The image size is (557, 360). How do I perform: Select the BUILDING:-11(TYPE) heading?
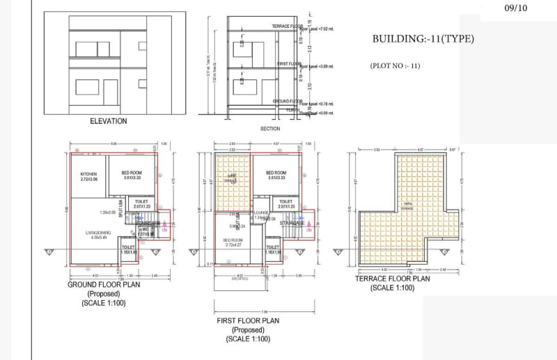(x=423, y=39)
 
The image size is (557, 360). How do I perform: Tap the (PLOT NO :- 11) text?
(x=395, y=65)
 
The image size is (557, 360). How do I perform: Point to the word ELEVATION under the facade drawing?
(x=109, y=121)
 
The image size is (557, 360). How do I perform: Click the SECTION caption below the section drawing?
(x=270, y=128)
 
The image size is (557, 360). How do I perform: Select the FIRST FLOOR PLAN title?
(x=247, y=321)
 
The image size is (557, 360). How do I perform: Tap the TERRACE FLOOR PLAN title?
(x=392, y=279)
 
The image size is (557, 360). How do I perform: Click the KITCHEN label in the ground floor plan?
(x=88, y=174)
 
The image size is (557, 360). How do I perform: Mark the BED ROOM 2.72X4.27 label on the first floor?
(x=233, y=240)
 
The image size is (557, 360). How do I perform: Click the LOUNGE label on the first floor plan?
(x=262, y=214)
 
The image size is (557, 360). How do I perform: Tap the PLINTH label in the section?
(x=293, y=109)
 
